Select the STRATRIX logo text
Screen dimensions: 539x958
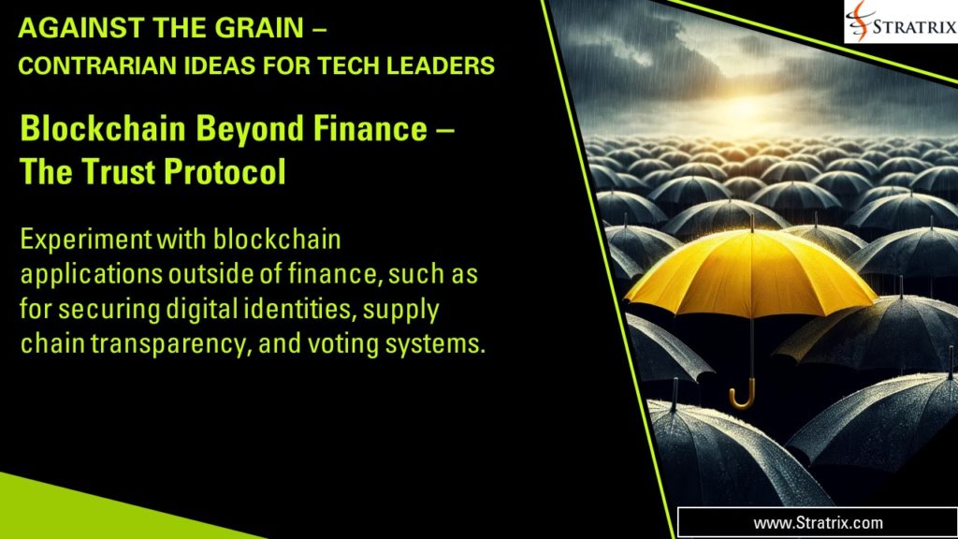click(x=914, y=22)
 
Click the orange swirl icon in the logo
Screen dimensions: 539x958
click(x=860, y=21)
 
